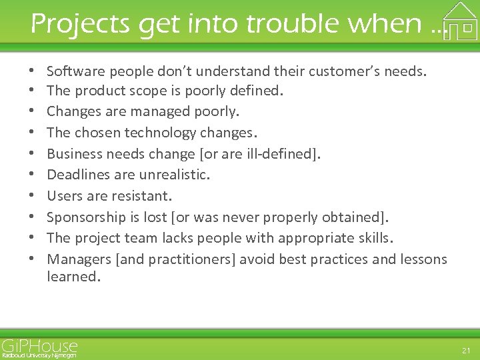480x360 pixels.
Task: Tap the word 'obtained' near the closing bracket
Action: [x=350, y=217]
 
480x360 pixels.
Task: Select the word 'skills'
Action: [x=374, y=238]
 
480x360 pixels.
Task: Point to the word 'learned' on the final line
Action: [x=72, y=276]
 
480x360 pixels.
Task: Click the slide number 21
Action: [x=465, y=349]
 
